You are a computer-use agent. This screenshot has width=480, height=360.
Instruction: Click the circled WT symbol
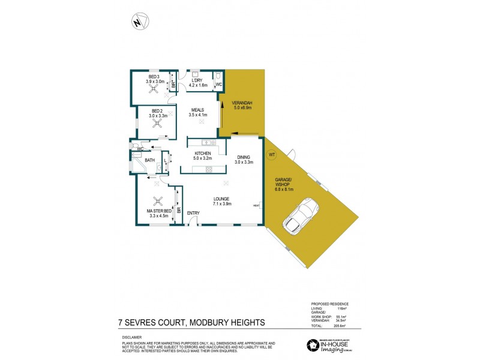pos(271,155)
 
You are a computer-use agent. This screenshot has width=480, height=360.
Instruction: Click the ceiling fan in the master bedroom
pos(158,202)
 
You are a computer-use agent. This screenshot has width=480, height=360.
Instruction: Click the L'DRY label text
pos(198,80)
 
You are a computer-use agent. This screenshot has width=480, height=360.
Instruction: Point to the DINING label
pos(244,157)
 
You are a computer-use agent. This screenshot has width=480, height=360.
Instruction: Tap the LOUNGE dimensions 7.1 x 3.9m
pos(221,204)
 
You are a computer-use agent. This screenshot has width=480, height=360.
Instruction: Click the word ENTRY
pos(193,213)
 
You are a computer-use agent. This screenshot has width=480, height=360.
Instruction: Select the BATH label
pos(149,160)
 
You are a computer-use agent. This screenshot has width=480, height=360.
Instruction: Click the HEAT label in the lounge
pos(256,205)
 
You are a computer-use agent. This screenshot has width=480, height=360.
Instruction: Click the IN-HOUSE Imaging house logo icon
pos(312,345)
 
